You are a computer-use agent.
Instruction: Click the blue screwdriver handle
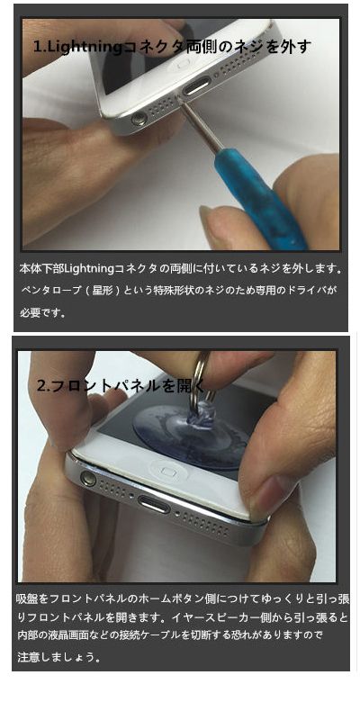(258, 199)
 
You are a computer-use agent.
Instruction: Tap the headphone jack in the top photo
(139, 120)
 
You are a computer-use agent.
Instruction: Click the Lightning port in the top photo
(196, 85)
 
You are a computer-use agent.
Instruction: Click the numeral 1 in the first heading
(36, 47)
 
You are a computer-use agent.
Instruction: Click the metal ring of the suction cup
(200, 377)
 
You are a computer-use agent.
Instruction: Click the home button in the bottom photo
(166, 471)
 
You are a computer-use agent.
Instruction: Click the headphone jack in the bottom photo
(88, 479)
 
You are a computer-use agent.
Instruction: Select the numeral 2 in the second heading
(41, 386)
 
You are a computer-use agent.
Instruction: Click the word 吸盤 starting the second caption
(27, 598)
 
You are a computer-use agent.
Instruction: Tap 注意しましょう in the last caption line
(54, 657)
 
